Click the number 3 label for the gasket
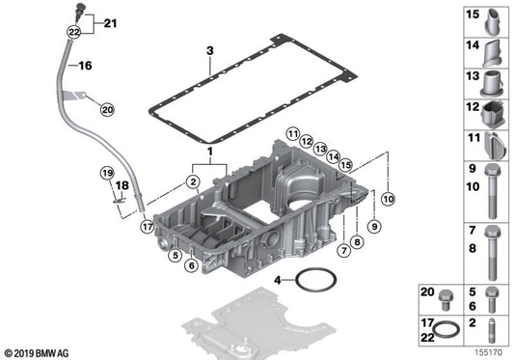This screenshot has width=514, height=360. click(207, 49)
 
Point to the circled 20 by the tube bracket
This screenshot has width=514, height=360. click(106, 110)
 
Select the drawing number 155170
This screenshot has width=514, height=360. click(489, 353)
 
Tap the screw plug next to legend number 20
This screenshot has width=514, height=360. click(446, 298)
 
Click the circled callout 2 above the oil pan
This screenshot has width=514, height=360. click(194, 180)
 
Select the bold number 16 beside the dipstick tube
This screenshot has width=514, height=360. click(85, 67)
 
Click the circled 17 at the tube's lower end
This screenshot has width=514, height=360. click(147, 227)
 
